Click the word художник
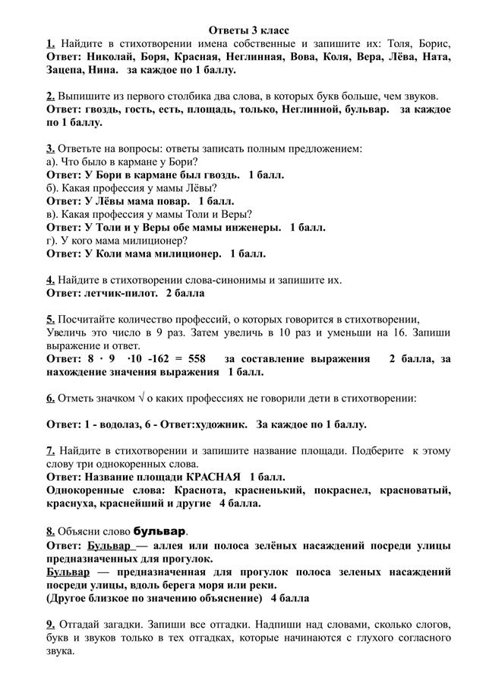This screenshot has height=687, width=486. [220, 424]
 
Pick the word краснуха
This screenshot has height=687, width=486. [72, 503]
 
